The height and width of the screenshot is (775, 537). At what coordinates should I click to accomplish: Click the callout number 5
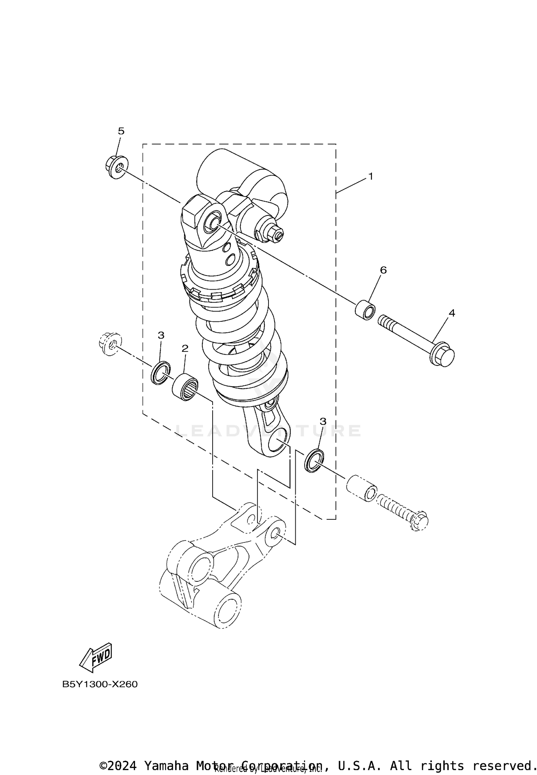click(x=121, y=131)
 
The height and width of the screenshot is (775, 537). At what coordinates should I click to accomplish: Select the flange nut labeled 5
click(x=115, y=167)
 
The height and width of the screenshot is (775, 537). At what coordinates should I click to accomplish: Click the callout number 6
click(x=383, y=270)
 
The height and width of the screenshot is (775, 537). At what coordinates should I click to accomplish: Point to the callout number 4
click(x=452, y=313)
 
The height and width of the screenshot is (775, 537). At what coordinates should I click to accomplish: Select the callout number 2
click(x=185, y=348)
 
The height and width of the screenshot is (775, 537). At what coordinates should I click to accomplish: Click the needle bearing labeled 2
click(x=185, y=387)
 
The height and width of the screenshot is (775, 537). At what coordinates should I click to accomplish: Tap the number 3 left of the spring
click(x=161, y=335)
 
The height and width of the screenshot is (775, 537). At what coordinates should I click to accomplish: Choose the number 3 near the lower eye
click(x=323, y=421)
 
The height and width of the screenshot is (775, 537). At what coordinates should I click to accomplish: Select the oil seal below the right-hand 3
click(x=314, y=460)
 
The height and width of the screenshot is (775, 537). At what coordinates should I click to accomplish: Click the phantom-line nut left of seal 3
click(x=110, y=344)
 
